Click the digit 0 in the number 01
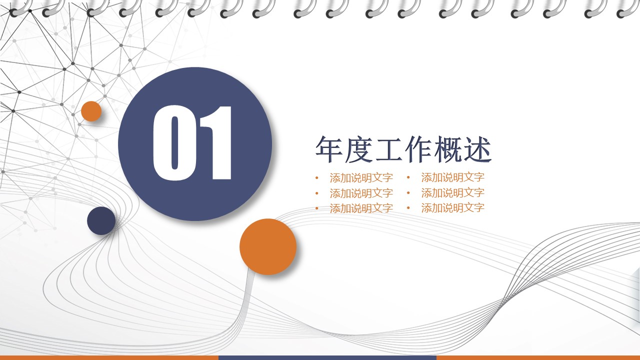(x=174, y=143)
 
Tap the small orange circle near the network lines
(x=91, y=111)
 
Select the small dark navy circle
(x=101, y=220)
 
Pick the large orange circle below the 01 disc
(x=268, y=246)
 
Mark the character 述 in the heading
(x=478, y=149)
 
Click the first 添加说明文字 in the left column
(x=361, y=177)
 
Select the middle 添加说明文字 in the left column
(x=361, y=193)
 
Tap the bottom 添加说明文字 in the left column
(x=361, y=208)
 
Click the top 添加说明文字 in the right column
(x=452, y=177)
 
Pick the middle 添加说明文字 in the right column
(x=452, y=193)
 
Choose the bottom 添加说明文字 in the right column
(x=452, y=208)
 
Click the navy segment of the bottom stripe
(x=327, y=357)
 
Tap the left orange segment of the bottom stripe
(x=109, y=357)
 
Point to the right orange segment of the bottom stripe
(x=538, y=357)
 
